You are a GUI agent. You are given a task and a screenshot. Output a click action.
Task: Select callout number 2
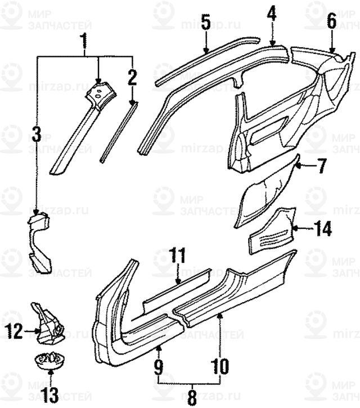click(x=132, y=76)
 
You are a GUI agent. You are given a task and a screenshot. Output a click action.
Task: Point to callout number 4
click(x=272, y=12)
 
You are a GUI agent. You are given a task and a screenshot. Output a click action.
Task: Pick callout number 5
click(x=205, y=24)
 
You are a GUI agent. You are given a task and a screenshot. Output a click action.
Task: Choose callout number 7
click(x=320, y=166)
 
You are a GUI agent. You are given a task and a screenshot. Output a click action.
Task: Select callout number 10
click(x=220, y=366)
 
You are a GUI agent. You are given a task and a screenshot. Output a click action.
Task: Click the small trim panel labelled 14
click(x=273, y=231)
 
